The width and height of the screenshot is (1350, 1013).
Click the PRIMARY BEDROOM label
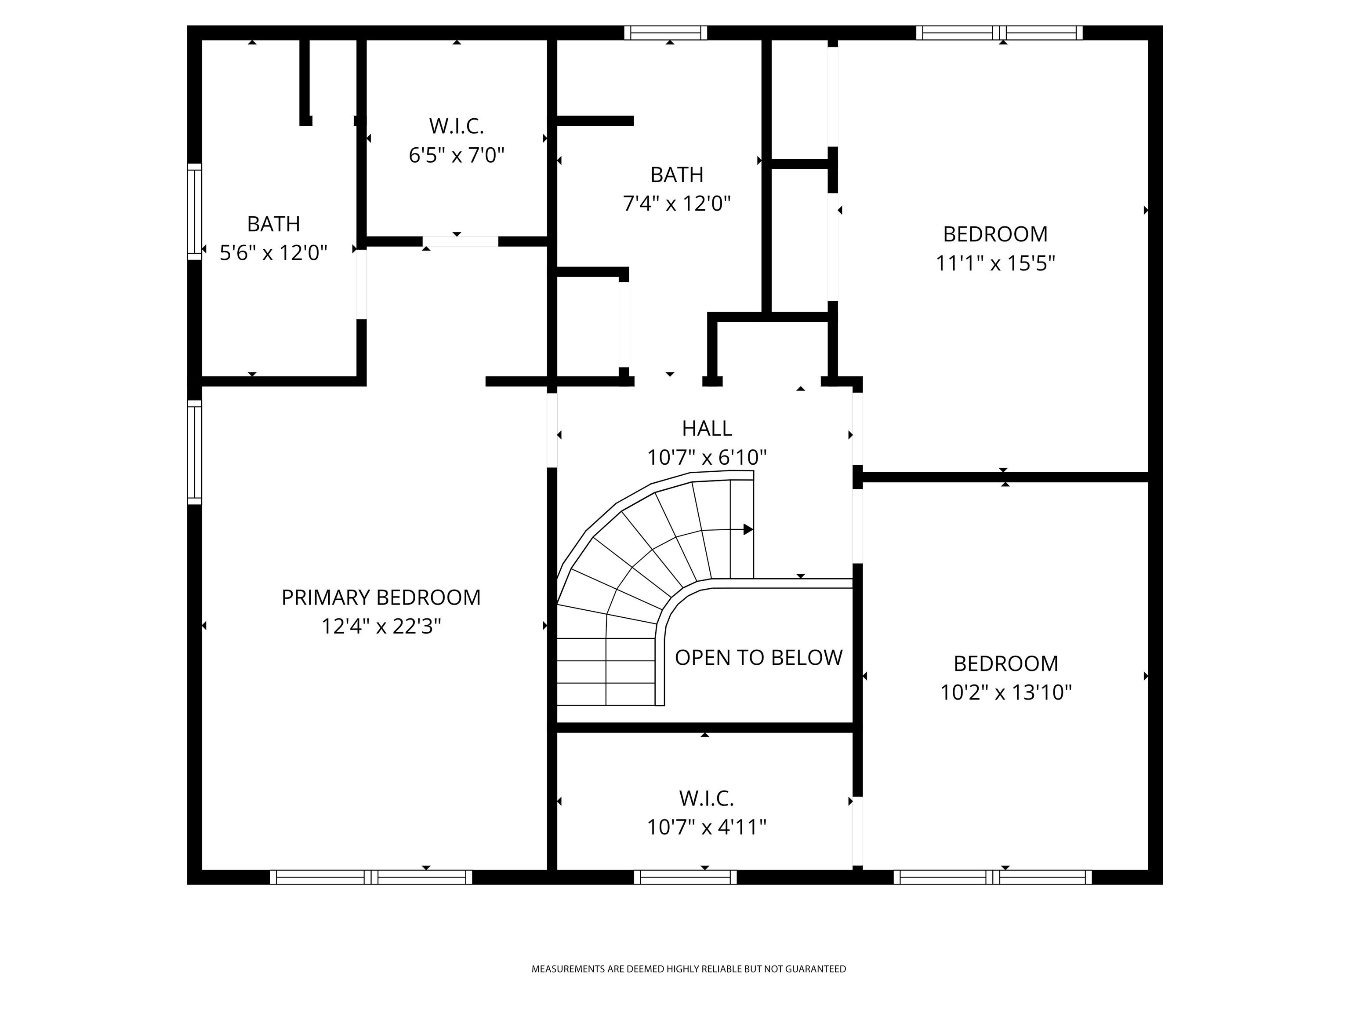[x=381, y=597]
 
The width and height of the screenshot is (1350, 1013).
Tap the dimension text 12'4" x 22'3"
[x=381, y=627]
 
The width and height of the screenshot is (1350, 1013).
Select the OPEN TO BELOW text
[x=758, y=658]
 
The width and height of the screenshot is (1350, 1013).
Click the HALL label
[x=707, y=429]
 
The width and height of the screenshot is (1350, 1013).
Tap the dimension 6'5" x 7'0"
[x=457, y=156]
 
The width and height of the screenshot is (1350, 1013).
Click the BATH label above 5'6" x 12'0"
[x=273, y=224]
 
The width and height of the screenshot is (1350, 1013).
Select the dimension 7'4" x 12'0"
[x=677, y=203]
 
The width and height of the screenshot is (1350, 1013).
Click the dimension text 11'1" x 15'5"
[x=995, y=263]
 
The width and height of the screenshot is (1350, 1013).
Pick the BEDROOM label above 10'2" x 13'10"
[x=1006, y=664]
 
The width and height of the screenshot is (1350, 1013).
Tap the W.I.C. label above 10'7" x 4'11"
[x=706, y=798]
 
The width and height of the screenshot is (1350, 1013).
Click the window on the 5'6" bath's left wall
[x=194, y=211]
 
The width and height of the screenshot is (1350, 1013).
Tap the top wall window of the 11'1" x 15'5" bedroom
[x=999, y=33]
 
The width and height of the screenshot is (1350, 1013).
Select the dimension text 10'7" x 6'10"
[x=707, y=457]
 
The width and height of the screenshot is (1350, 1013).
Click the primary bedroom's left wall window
[x=194, y=452]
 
